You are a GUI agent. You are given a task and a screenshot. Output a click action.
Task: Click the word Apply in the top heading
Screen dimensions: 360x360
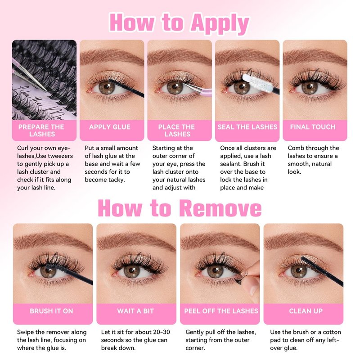coord(220,23)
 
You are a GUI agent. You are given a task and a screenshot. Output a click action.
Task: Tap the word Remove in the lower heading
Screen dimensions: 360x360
coord(220,208)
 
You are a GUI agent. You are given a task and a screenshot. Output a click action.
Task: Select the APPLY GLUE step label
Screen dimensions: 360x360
coord(110,127)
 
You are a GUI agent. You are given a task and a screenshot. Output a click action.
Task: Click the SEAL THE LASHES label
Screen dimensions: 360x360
coord(247,127)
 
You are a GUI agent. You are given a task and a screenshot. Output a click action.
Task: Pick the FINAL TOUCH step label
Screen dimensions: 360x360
coord(313,127)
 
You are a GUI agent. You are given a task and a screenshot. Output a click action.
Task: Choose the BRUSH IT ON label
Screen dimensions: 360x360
coord(51,311)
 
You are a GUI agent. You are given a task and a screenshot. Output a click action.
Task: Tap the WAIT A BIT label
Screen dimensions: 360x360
coord(135,311)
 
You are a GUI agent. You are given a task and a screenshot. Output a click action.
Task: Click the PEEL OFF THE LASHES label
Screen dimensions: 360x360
coord(221,311)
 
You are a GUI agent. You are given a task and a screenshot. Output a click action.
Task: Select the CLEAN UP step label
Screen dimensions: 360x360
coord(306,311)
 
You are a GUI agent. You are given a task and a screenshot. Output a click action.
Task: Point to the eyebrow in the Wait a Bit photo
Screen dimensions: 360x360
coord(135,242)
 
